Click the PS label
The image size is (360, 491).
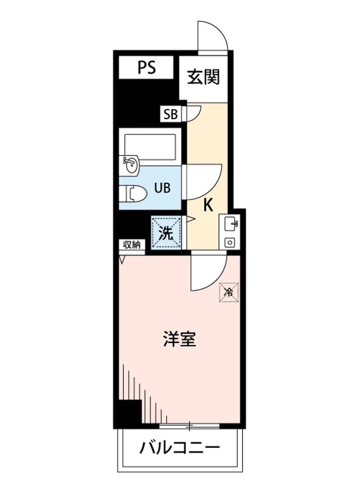tap(146, 68)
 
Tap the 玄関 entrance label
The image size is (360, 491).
tap(203, 77)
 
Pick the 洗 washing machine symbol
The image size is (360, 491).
tap(166, 233)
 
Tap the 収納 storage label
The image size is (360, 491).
tap(132, 245)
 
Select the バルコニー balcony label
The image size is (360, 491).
tap(180, 448)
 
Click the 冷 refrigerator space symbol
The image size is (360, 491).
tap(229, 292)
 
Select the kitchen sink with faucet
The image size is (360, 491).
tap(230, 224)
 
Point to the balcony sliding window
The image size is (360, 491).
tap(189, 427)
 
